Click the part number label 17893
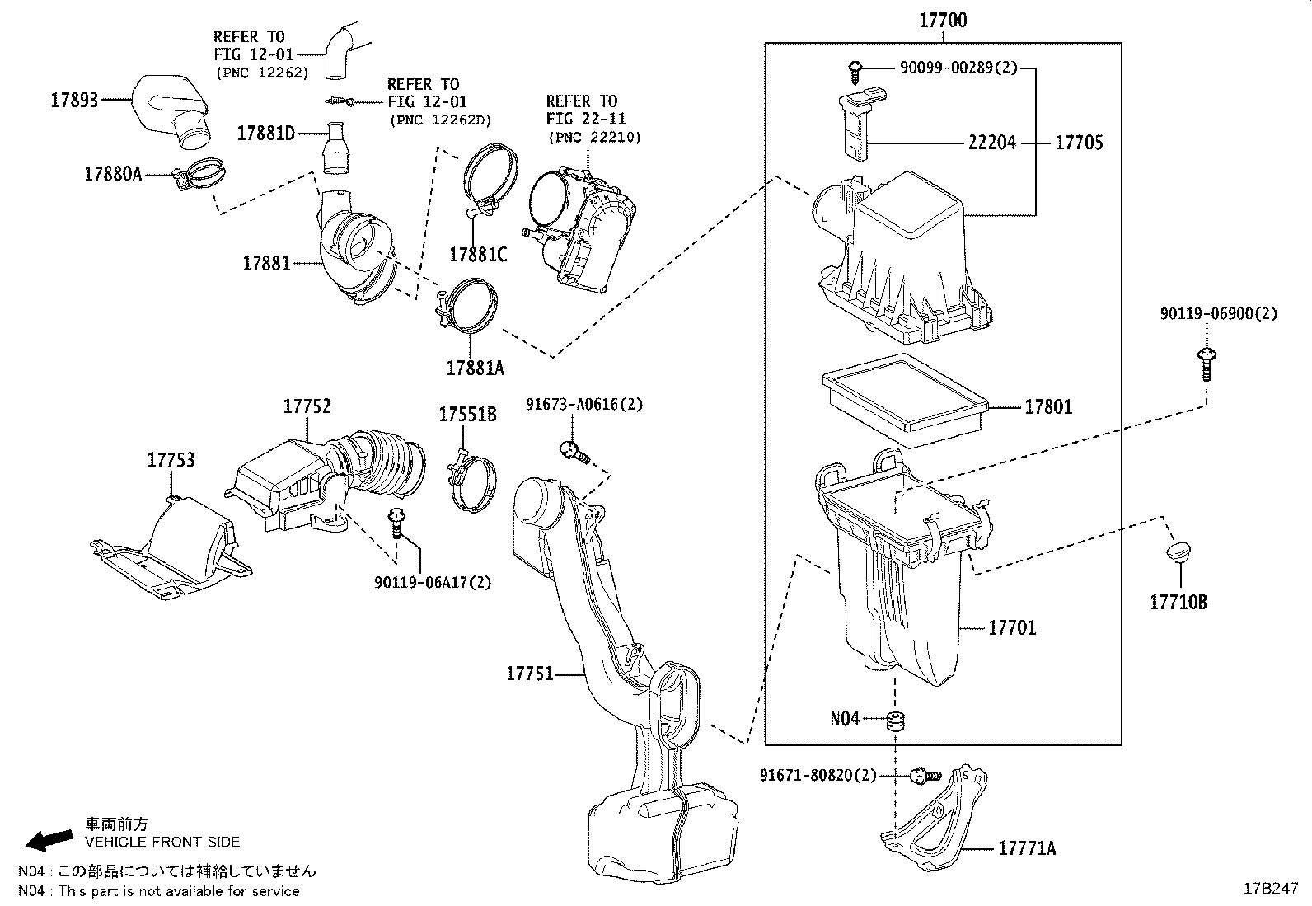74,100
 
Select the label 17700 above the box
943,21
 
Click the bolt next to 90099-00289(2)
856,71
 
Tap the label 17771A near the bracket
1026,848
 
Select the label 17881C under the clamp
478,254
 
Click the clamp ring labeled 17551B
473,480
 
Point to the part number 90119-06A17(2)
432,582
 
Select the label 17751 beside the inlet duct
529,674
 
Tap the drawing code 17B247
1271,889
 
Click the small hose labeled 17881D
337,149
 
